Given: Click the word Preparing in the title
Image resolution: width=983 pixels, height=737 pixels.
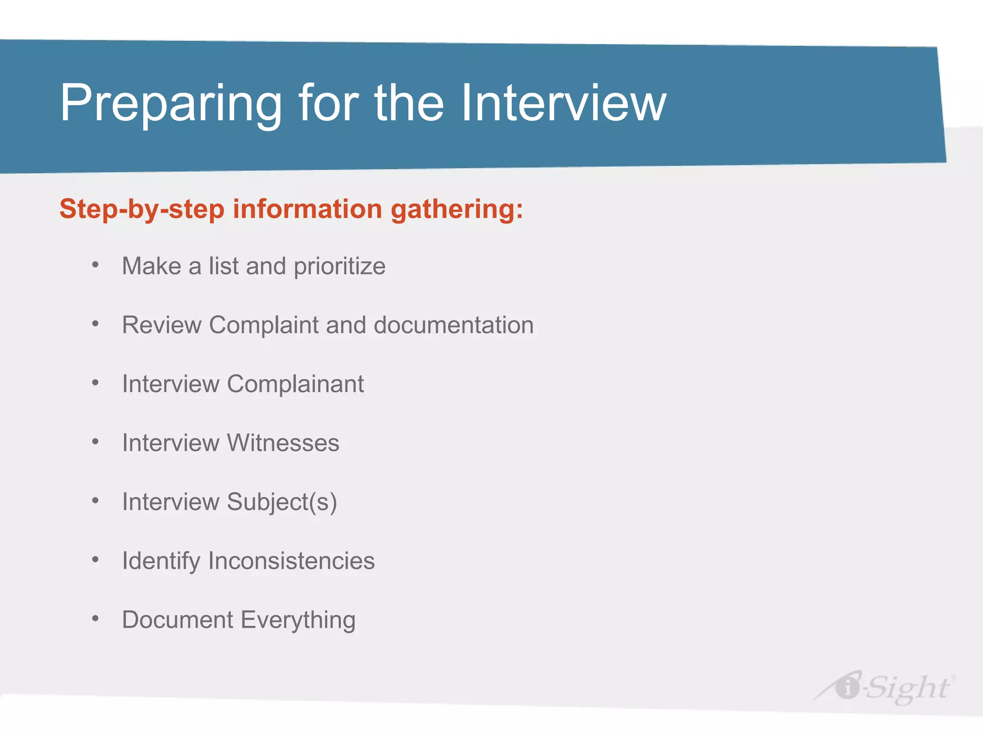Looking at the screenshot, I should click(x=170, y=103).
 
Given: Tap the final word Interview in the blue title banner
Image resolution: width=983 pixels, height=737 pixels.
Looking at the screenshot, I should click(x=563, y=103).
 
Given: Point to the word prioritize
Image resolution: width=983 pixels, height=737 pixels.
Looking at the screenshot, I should click(x=339, y=266).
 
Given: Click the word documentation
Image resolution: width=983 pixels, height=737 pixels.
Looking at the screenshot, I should click(x=454, y=325).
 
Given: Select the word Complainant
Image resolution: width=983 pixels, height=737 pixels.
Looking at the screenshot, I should click(x=295, y=384).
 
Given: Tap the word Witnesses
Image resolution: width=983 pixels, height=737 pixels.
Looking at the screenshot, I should click(x=283, y=442).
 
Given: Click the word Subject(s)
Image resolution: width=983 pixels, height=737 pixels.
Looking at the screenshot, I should click(x=282, y=502).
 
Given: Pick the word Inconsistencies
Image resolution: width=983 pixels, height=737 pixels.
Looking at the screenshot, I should click(x=291, y=560).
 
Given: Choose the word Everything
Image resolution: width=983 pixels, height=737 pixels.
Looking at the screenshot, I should click(x=298, y=620).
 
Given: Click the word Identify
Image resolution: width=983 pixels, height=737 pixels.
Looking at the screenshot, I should click(x=161, y=560).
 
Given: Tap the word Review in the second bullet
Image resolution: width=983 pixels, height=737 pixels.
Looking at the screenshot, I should click(x=162, y=325).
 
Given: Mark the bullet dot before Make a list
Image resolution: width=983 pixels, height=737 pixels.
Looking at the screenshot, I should click(x=96, y=265).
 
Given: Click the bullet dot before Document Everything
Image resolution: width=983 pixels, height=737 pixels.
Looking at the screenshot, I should click(x=96, y=618).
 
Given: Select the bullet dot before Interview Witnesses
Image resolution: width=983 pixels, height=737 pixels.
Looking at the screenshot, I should click(x=96, y=441).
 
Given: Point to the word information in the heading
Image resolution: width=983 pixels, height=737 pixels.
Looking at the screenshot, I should click(x=308, y=210).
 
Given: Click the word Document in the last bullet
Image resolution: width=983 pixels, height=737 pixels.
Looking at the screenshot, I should click(x=177, y=620).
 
